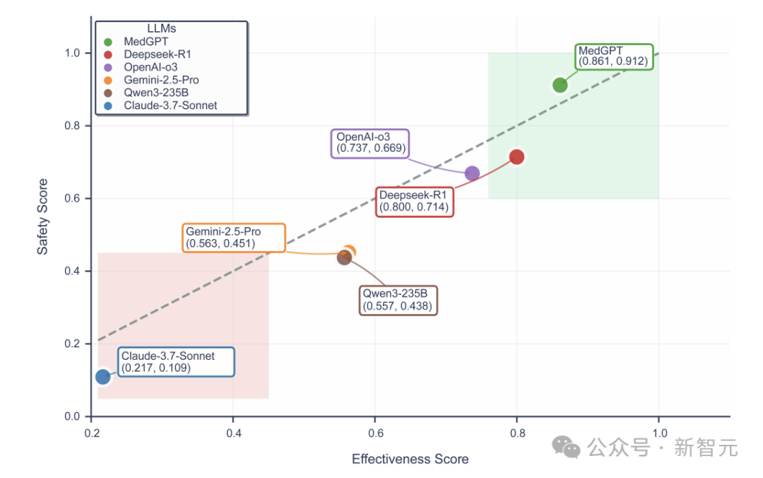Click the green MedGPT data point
(560, 85)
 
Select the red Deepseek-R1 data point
(516, 156)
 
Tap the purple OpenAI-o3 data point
(472, 173)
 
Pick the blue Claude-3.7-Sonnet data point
(103, 377)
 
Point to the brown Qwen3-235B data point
(344, 257)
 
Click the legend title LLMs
(161, 28)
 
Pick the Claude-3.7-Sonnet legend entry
(170, 105)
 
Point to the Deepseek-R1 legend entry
(157, 54)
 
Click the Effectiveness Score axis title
(410, 460)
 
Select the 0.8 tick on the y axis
(73, 126)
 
